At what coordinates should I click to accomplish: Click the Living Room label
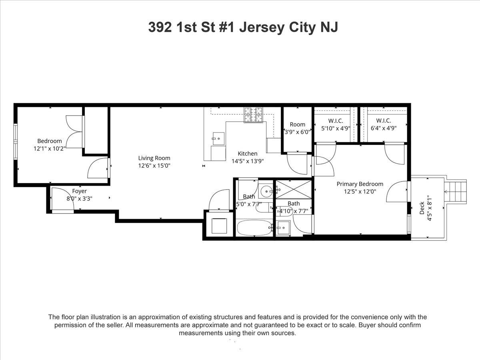(154, 158)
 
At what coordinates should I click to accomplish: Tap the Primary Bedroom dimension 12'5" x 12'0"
(360, 191)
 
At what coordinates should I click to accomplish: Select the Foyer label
(79, 191)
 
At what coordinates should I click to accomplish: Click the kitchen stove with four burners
(254, 115)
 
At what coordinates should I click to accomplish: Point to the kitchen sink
(218, 138)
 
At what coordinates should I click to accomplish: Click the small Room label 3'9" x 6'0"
(297, 124)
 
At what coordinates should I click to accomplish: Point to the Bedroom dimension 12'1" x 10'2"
(50, 148)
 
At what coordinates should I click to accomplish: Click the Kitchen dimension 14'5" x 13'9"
(248, 161)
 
